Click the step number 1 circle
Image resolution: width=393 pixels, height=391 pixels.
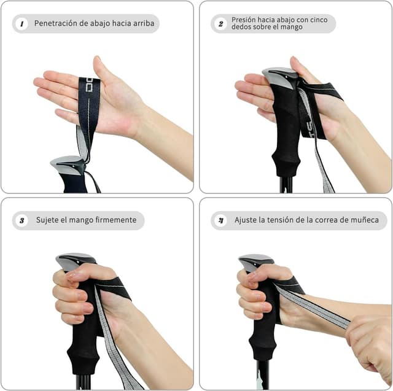pyautogui.click(x=22, y=24)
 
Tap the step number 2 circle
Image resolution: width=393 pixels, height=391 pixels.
pyautogui.click(x=220, y=24)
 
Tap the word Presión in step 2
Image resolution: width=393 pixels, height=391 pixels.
pyautogui.click(x=244, y=20)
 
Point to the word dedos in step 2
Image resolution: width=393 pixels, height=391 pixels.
pyautogui.click(x=242, y=28)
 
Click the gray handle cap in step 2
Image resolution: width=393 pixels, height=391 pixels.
pyautogui.click(x=279, y=75)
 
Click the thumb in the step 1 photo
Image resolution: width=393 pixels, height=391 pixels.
pyautogui.click(x=102, y=68)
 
